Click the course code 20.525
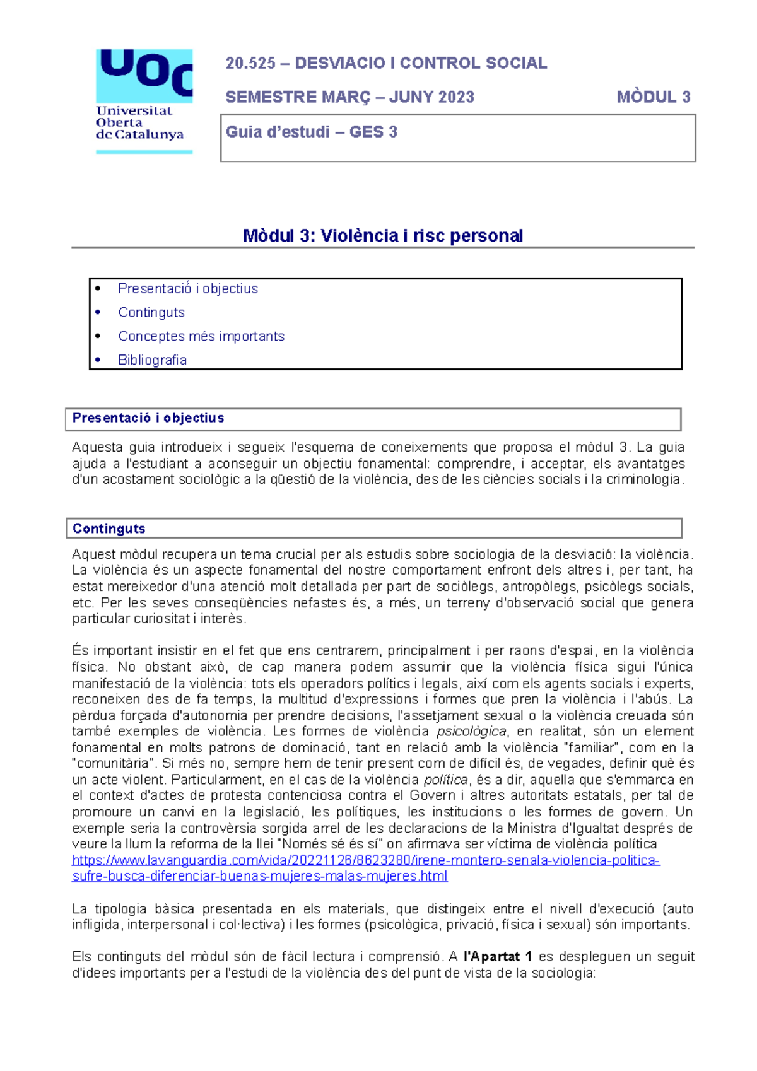click(x=250, y=63)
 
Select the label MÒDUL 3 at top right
click(x=654, y=97)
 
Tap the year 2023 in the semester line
click(x=456, y=97)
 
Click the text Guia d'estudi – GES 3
click(x=312, y=132)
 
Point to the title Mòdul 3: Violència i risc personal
click(x=382, y=236)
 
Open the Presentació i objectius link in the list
click(x=188, y=289)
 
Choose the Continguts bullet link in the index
click(x=151, y=313)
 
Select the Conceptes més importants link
click(x=201, y=336)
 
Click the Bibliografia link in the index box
click(x=152, y=360)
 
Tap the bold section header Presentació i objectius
click(x=148, y=418)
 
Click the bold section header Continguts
click(x=109, y=529)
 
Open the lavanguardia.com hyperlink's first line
click(x=366, y=860)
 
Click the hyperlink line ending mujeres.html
click(x=260, y=877)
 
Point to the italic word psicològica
click(x=471, y=732)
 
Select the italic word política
click(x=445, y=780)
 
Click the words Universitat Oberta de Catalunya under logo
click(x=139, y=123)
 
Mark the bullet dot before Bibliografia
click(x=98, y=360)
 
